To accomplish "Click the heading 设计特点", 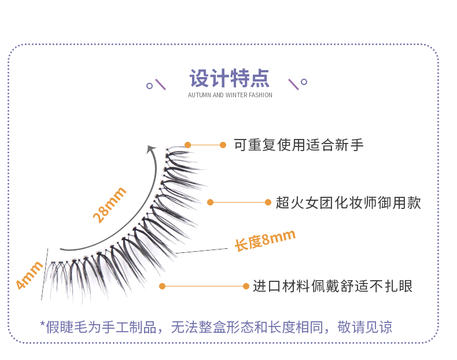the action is (229, 78).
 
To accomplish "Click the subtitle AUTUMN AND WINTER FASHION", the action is (230, 95).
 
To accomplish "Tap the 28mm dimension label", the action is (109, 205).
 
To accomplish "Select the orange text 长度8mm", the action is (265, 240).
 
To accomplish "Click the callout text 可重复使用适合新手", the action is (298, 145).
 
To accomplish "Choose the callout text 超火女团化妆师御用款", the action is (348, 203).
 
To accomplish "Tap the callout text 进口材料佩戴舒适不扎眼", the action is (333, 286).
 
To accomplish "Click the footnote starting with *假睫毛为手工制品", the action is (216, 327).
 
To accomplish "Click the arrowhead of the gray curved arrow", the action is (152, 149).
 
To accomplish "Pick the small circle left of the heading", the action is (150, 86).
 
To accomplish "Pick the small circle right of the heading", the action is (304, 82).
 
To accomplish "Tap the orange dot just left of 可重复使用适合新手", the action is (223, 145).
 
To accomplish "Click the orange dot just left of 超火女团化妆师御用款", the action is (268, 202).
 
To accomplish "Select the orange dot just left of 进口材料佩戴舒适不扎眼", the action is (246, 286).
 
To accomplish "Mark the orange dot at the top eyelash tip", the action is (187, 145).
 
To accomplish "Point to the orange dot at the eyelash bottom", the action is (162, 286).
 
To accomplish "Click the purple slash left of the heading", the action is (161, 85).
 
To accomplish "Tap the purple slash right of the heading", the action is (293, 85).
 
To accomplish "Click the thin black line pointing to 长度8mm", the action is (202, 251).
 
